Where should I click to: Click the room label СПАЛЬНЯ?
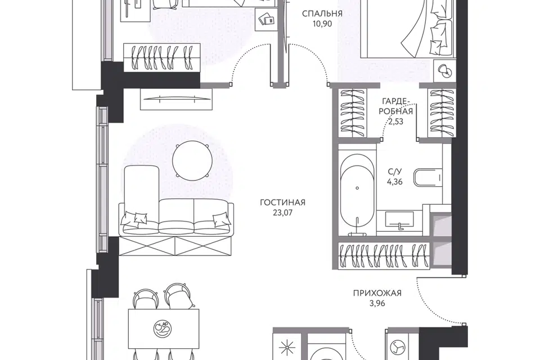(322, 13)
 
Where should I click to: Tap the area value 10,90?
(322, 24)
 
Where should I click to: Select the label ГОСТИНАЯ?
(282, 202)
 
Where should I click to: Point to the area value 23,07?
(282, 213)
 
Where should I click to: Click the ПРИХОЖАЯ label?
(377, 293)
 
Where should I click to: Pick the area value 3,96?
(377, 304)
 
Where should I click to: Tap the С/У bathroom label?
(395, 172)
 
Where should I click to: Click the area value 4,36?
(395, 182)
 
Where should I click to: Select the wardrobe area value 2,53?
(395, 121)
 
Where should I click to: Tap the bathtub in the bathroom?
(357, 194)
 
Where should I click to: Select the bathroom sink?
(399, 220)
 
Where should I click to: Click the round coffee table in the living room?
(192, 160)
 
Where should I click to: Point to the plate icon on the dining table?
(162, 328)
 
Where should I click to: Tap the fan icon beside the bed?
(444, 71)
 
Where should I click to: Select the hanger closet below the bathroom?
(384, 255)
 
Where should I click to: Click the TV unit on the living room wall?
(175, 99)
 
